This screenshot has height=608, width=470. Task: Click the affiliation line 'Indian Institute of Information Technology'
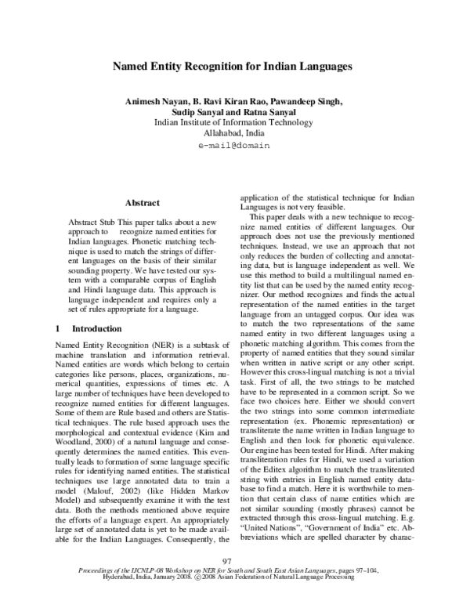pyautogui.click(x=234, y=122)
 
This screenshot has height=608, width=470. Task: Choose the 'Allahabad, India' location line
pyautogui.click(x=234, y=133)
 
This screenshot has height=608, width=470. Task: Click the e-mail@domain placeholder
pyautogui.click(x=234, y=145)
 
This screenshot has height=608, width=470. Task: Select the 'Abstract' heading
pyautogui.click(x=142, y=202)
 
